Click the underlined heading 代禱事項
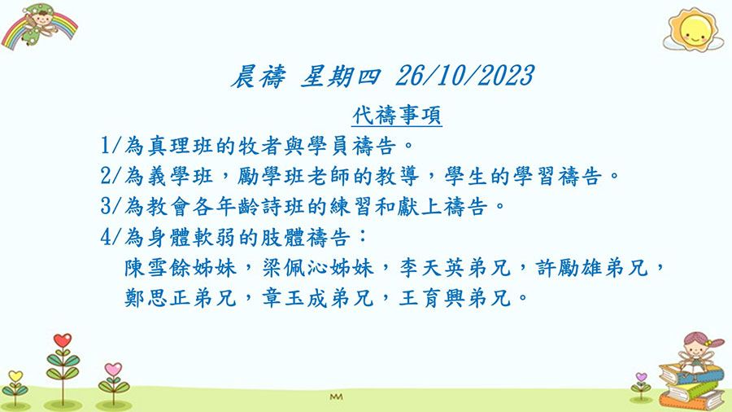pyautogui.click(x=397, y=115)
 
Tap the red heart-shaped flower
pyautogui.click(x=63, y=340)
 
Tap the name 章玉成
pyautogui.click(x=293, y=298)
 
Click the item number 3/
pyautogui.click(x=111, y=207)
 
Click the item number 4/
pyautogui.click(x=111, y=237)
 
